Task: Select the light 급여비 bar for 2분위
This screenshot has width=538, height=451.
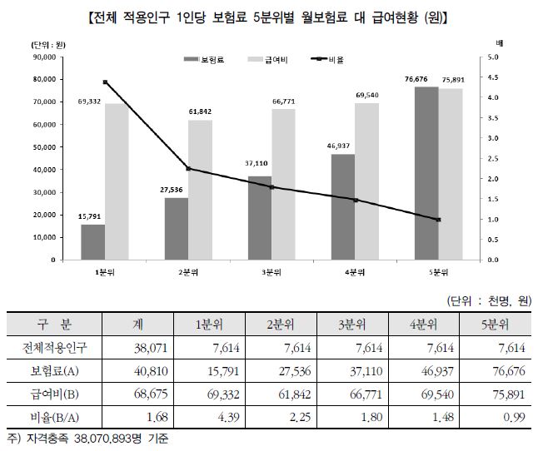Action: pyautogui.click(x=200, y=190)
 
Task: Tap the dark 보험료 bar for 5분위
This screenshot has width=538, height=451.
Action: pyautogui.click(x=427, y=173)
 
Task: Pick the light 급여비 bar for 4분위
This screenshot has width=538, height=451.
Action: pyautogui.click(x=367, y=181)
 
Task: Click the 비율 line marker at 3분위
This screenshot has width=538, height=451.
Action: pyautogui.click(x=271, y=187)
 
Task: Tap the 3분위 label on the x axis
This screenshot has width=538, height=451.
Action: pyautogui.click(x=271, y=272)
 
